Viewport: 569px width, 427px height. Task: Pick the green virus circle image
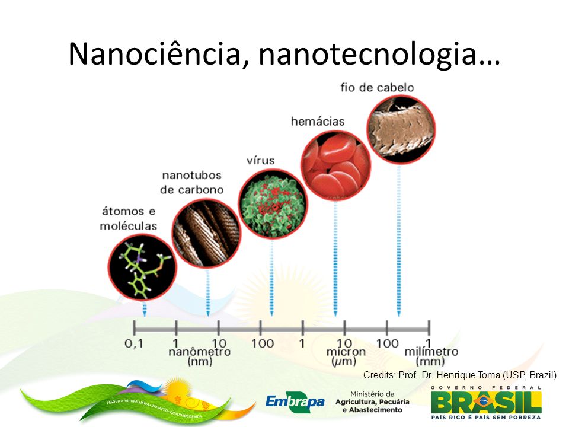click(272, 203)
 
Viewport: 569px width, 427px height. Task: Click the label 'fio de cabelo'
click(377, 88)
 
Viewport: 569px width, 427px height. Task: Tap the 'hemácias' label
click(317, 122)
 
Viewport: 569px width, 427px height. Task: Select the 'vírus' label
click(261, 161)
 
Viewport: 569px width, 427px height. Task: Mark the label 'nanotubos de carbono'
click(191, 183)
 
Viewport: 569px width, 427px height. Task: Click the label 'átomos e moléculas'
click(128, 218)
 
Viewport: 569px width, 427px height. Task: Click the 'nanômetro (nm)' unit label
click(203, 356)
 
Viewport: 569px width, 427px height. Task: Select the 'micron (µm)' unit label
click(342, 356)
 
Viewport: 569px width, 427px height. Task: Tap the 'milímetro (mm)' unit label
click(431, 356)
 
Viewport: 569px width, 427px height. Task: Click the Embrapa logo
click(295, 401)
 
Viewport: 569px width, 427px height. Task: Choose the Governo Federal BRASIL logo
click(485, 401)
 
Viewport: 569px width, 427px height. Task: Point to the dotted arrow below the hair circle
click(399, 243)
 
